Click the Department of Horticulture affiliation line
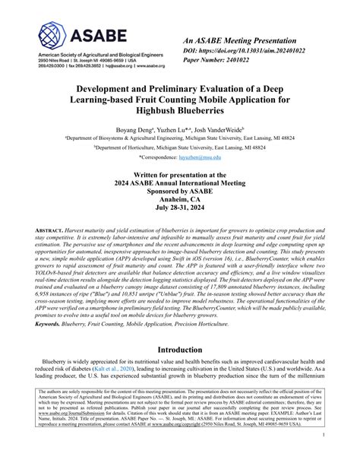pos(179,147)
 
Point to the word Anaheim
pos(179,198)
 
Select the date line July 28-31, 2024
pos(179,208)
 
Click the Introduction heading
pos(179,349)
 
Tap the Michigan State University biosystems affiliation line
pos(179,139)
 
